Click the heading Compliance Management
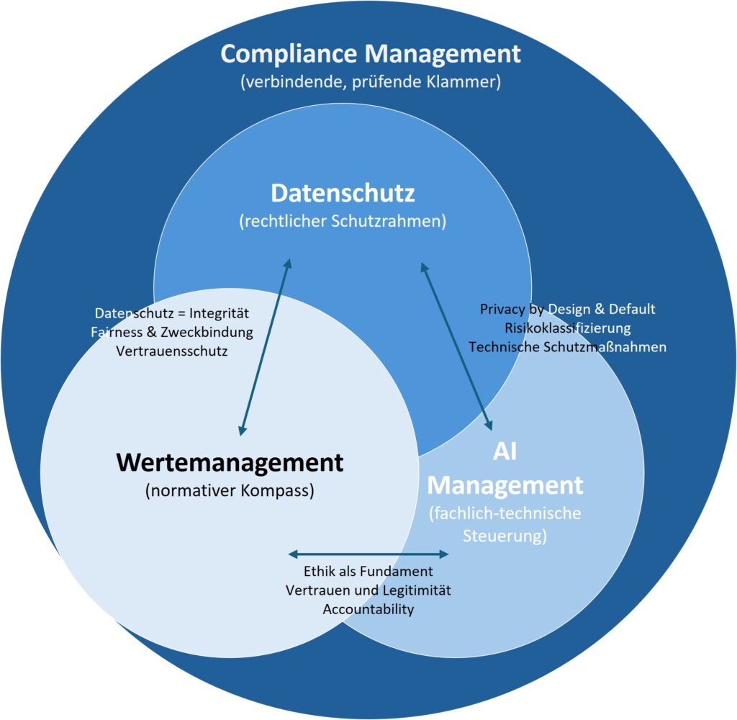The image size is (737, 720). (370, 54)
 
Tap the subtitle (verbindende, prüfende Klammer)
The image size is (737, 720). (370, 82)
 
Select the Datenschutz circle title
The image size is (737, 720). (343, 193)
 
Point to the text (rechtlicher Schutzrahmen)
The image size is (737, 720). (343, 221)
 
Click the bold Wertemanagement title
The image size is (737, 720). (230, 462)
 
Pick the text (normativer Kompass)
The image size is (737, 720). (230, 492)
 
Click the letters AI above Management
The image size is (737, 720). (505, 452)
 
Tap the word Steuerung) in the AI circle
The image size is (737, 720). (505, 536)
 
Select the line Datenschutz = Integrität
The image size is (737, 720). (172, 314)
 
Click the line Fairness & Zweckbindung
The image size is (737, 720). (172, 333)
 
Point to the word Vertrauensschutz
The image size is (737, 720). (172, 351)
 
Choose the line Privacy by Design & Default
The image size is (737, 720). (568, 309)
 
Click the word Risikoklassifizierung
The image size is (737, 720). (568, 328)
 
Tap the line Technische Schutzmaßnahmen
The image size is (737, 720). (568, 346)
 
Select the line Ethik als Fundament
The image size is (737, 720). (368, 572)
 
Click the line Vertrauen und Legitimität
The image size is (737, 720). (368, 590)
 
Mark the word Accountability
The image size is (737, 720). (368, 609)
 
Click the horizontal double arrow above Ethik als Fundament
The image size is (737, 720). (368, 554)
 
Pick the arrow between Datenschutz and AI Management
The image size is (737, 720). (456, 346)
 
